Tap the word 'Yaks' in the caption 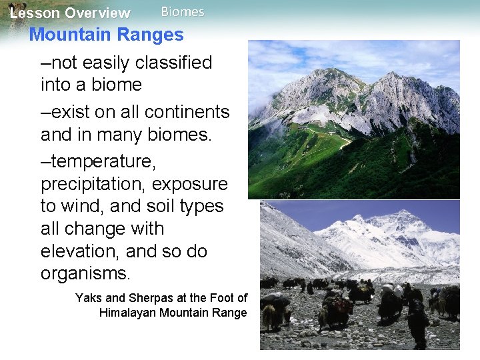tap(89, 298)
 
